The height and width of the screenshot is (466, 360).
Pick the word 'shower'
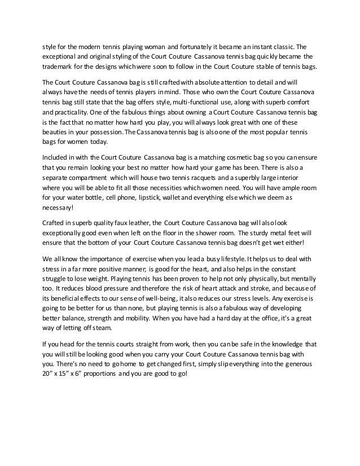point(208,232)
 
